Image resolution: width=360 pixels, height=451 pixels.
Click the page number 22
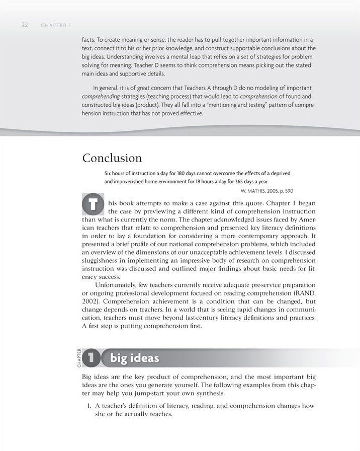[x=24, y=25]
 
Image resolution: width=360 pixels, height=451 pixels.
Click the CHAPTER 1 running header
[x=56, y=25]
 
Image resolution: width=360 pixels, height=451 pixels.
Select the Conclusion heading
[x=112, y=158]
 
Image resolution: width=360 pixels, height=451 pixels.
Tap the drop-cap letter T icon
[x=92, y=205]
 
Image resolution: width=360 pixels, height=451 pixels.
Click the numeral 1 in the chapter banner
[x=92, y=358]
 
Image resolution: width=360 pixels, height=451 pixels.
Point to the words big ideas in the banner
[x=134, y=358]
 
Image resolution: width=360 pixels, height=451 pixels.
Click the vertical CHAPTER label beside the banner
[x=79, y=358]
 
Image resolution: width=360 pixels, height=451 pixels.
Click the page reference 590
[x=287, y=191]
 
